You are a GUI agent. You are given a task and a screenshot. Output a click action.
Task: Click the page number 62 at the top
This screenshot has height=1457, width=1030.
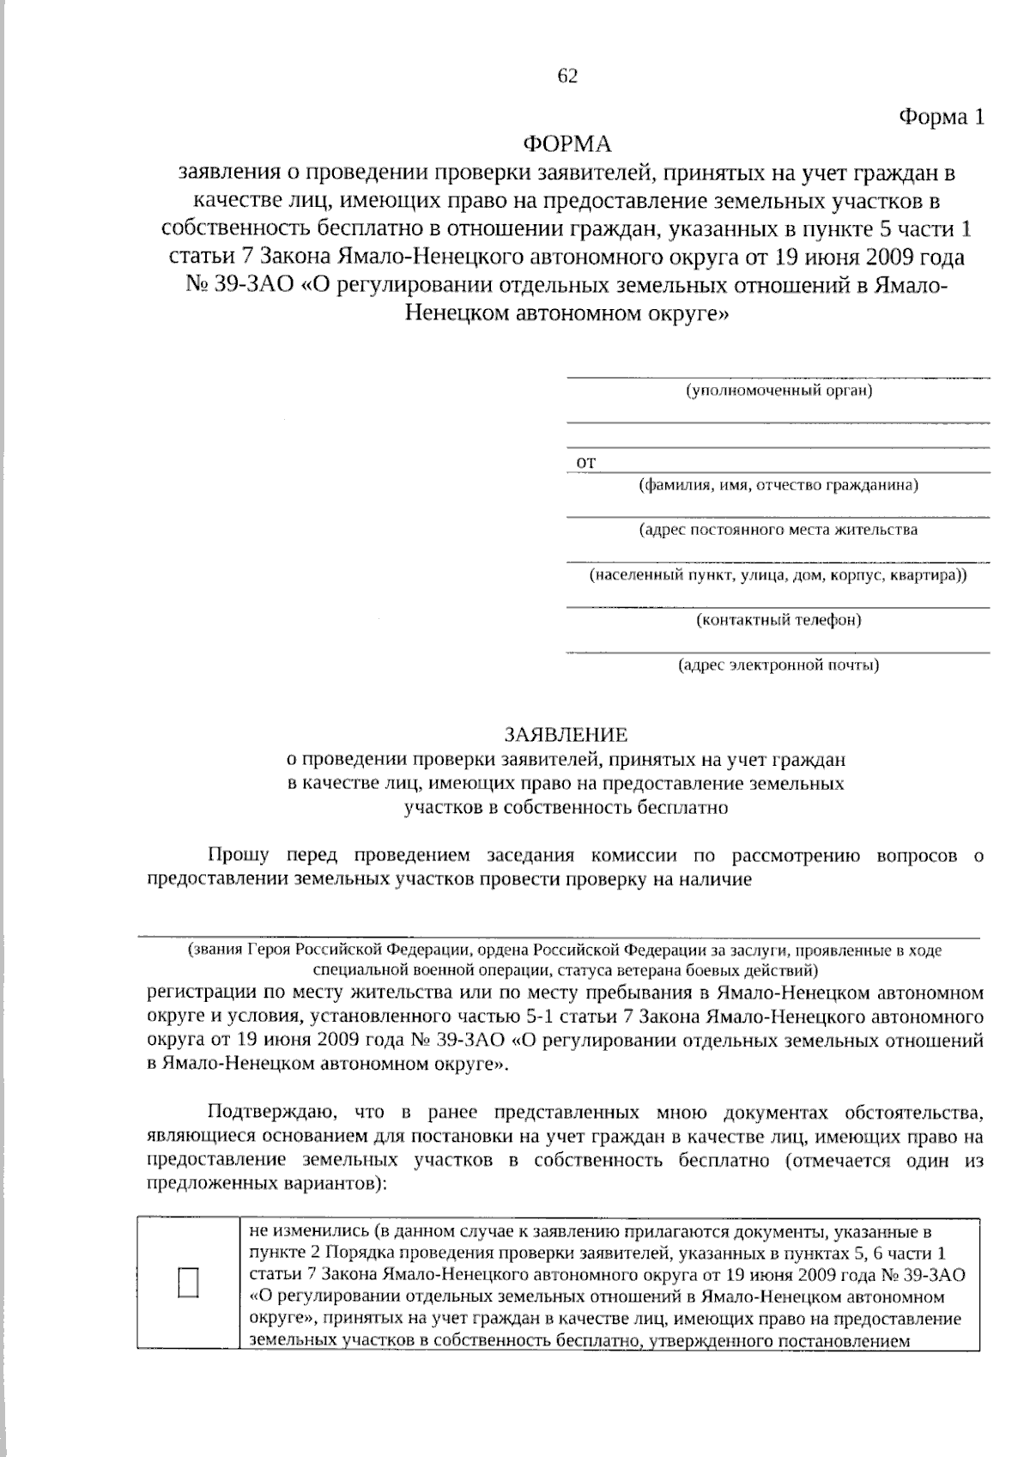coord(567,76)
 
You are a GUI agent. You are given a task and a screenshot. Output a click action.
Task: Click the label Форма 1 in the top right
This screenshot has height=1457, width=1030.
coord(941,117)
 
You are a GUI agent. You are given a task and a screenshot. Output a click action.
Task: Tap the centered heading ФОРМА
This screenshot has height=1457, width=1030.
coord(567,143)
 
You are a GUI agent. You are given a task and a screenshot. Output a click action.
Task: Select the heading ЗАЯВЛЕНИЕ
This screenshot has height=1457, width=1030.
coord(566,735)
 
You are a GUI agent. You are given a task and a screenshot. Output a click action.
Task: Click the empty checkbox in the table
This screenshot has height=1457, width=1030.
coord(189,1282)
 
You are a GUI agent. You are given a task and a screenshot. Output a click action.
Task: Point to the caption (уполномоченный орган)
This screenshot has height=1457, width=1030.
coord(779,392)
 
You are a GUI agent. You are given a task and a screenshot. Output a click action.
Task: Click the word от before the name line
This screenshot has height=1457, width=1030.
coord(585,463)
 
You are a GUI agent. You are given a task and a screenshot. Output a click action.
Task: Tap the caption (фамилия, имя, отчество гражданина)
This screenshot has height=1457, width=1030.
coord(778,485)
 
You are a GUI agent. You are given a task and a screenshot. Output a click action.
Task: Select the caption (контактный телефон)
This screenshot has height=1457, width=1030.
coord(779,620)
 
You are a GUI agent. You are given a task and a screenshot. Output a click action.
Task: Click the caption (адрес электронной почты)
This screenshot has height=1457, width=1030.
coord(779,665)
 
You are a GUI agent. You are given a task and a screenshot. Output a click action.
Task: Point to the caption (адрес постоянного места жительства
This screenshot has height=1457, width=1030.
coord(779,530)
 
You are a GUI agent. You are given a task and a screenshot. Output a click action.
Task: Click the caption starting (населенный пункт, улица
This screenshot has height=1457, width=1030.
coord(779,575)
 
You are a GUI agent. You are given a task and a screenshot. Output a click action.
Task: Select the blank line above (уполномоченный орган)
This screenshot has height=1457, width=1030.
coord(778,376)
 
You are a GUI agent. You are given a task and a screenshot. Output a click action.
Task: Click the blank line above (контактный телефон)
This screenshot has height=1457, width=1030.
coord(778,606)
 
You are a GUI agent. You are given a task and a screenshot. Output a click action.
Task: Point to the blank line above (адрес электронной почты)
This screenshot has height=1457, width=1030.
coord(778,652)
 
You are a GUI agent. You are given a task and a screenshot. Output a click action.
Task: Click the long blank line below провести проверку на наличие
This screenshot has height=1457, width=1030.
coord(558,938)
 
